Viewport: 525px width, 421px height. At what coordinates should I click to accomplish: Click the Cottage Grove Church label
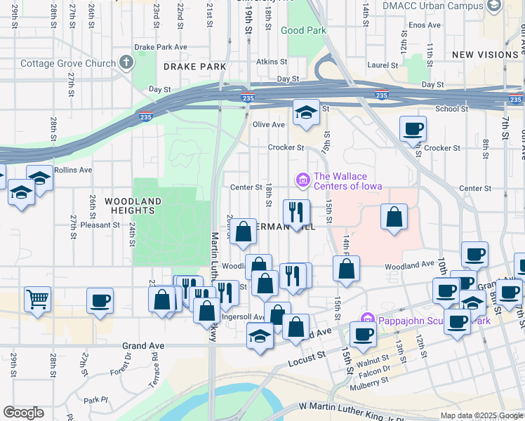pos(67,64)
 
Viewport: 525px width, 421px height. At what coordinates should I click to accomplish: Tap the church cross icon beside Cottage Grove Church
pos(126,63)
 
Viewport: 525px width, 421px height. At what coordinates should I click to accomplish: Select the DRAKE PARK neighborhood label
pos(194,67)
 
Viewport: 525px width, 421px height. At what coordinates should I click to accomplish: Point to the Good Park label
pos(303,31)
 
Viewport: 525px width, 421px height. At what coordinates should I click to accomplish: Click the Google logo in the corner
pos(23,413)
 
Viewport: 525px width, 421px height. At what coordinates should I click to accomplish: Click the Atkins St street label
pos(267,62)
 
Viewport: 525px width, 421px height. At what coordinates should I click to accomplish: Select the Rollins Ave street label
pos(77,170)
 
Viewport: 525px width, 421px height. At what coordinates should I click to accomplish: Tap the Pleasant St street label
pos(100,225)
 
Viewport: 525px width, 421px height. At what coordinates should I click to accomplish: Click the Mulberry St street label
pos(371,385)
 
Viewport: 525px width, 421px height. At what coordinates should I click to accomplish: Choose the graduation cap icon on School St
pos(305,113)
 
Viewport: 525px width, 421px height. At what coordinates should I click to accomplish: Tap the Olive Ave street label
pos(268,125)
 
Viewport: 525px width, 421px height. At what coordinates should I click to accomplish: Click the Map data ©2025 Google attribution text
pos(481,415)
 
